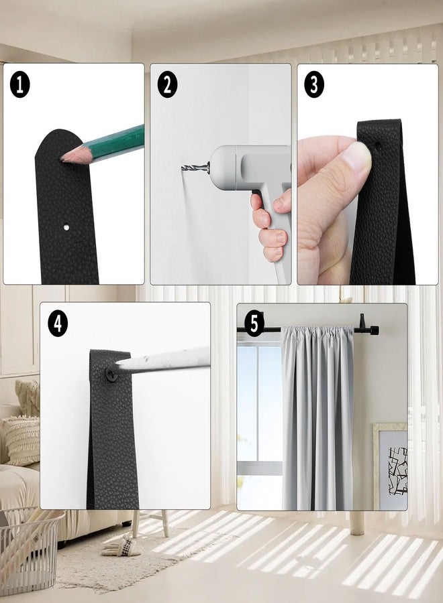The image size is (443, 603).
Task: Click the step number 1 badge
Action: (x=19, y=85)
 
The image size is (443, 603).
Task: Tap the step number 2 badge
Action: (x=167, y=84)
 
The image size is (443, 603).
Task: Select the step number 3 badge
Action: (x=314, y=84)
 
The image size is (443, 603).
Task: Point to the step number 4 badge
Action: (x=58, y=324)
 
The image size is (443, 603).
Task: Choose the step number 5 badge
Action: (x=254, y=324)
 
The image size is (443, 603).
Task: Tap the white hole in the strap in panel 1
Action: (x=66, y=227)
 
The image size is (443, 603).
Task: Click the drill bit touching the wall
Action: (x=195, y=167)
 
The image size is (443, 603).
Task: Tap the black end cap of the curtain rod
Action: (x=374, y=330)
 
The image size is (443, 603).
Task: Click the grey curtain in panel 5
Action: (x=318, y=417)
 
